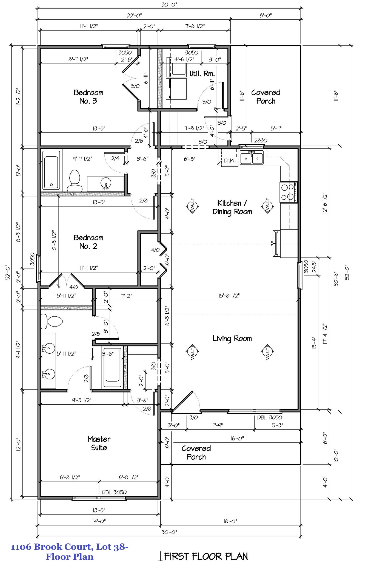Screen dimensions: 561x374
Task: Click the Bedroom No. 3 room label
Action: (88, 97)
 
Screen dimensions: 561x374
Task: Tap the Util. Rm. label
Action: (202, 74)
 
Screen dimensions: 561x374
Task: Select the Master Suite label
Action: (99, 443)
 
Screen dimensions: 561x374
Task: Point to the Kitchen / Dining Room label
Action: (232, 207)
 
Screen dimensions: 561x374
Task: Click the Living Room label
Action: (232, 339)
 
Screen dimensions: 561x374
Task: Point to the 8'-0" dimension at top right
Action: (265, 16)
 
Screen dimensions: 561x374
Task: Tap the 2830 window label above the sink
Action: (261, 141)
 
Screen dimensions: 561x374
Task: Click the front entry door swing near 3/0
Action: (186, 401)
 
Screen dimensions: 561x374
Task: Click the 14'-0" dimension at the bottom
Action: (99, 521)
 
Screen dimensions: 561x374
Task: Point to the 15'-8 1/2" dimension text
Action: (229, 296)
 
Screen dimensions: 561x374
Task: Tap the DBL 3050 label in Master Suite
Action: (114, 492)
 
